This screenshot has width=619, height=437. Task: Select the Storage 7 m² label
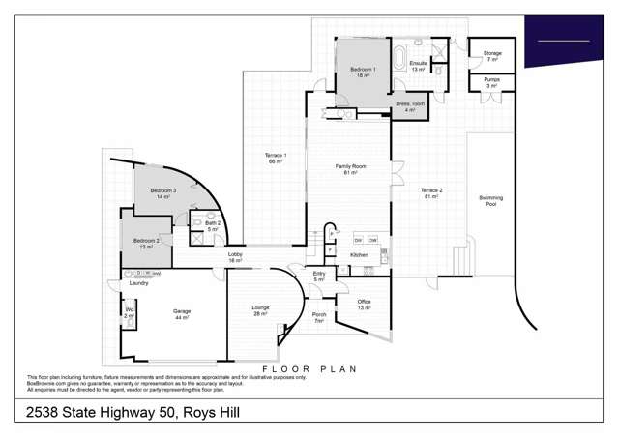pos(492,56)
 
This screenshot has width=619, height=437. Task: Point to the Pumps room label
pos(491,83)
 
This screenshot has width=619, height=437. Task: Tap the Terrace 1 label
pos(275,159)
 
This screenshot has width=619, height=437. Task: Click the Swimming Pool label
pos(491,201)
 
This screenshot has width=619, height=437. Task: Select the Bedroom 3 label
pos(162,194)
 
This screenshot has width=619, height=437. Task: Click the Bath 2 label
pos(213,226)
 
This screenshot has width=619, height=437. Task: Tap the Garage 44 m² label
pos(182,314)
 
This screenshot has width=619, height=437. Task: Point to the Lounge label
pos(261,310)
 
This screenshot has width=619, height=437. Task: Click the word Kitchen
pos(359,254)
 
